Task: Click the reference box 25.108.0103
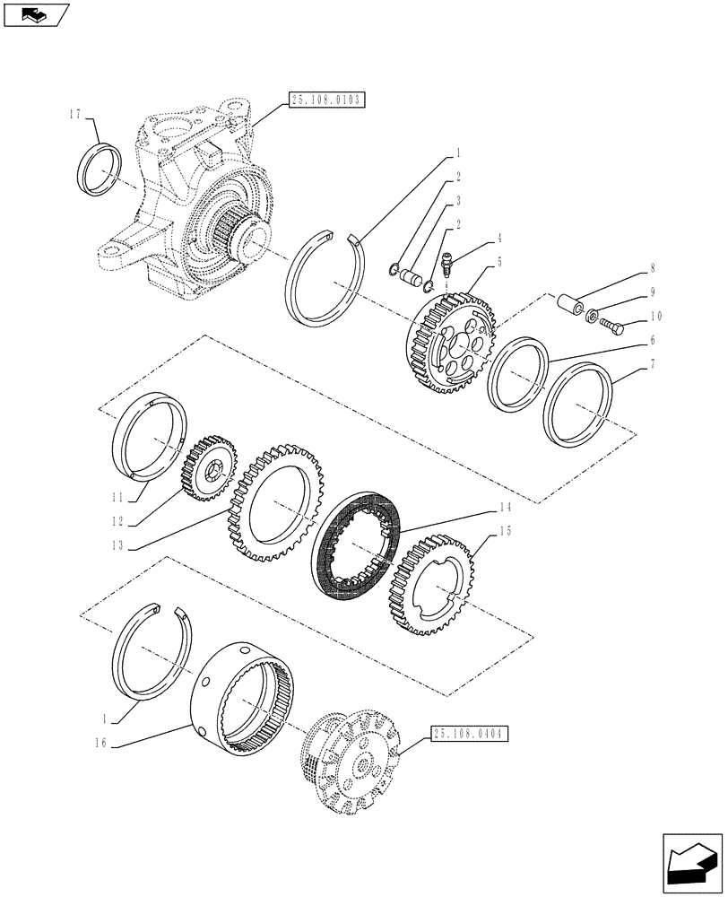(x=326, y=100)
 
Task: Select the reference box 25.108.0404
(x=469, y=733)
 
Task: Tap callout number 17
(x=74, y=115)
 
